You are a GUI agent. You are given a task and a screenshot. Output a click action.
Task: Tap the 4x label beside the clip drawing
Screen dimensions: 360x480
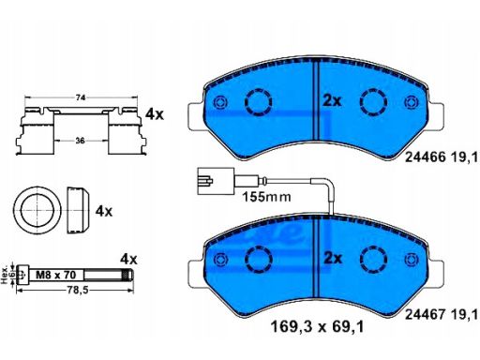(x=155, y=113)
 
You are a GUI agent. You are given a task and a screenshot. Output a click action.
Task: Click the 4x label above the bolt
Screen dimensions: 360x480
(x=129, y=257)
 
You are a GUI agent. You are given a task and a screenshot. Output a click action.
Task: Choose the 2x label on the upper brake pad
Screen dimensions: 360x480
(x=331, y=99)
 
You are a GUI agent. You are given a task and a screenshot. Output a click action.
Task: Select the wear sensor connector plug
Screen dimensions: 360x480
(x=208, y=178)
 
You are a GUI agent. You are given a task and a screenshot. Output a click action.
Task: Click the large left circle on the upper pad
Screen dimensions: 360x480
(x=258, y=102)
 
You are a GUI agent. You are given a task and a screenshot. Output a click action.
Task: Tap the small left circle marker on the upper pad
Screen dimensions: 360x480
(x=220, y=103)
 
